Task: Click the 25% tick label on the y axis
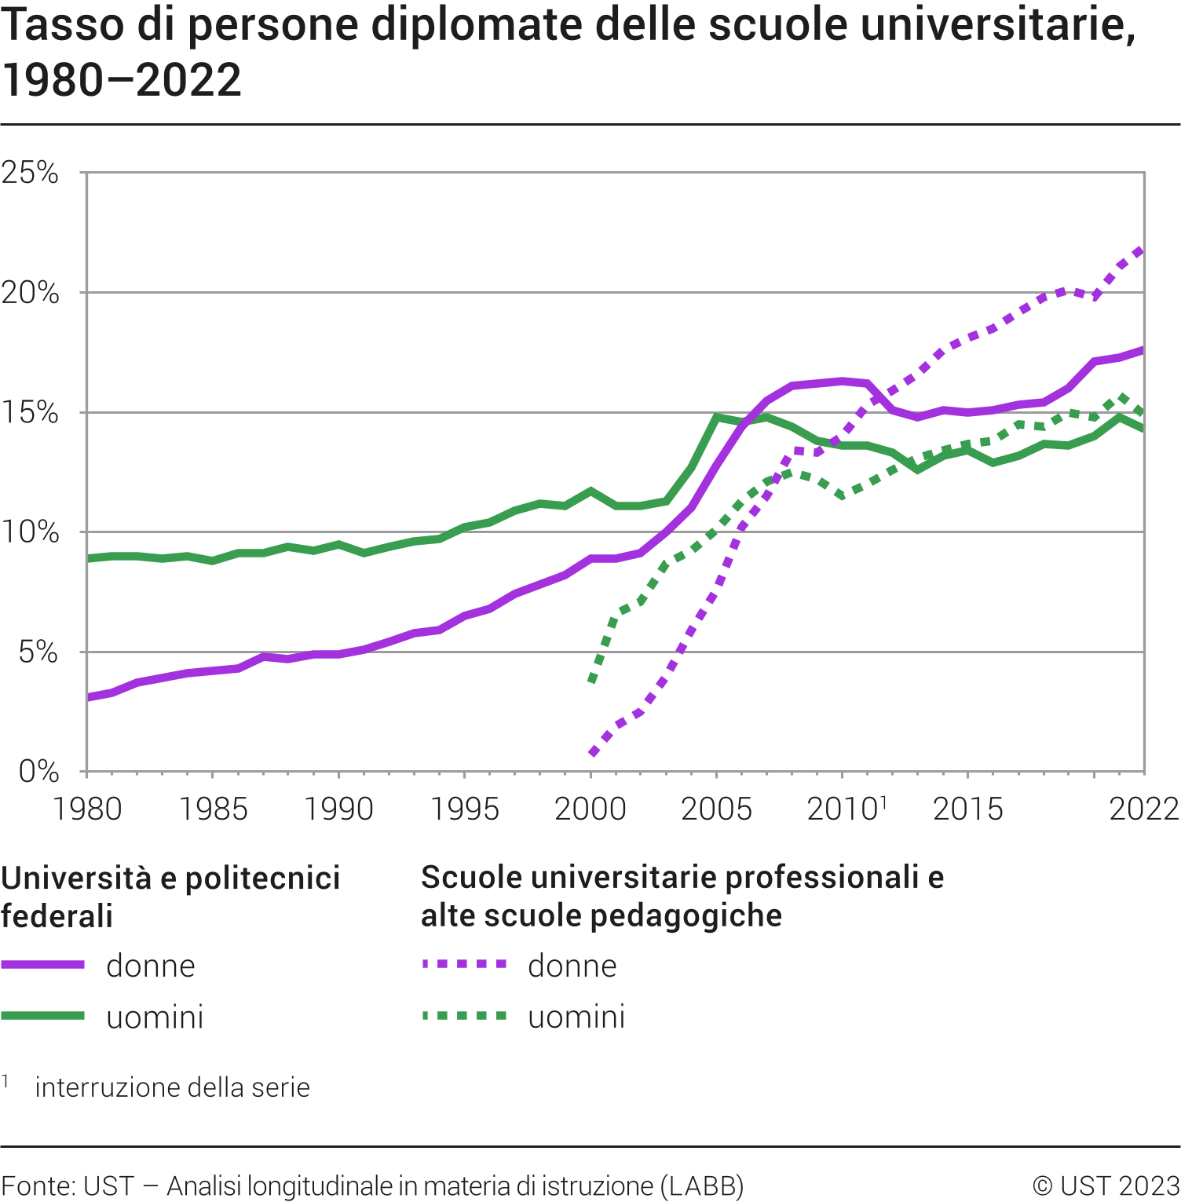(30, 173)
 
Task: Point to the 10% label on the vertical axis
(30, 532)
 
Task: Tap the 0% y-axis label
(38, 772)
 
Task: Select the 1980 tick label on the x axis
(87, 809)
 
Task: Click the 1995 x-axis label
(465, 809)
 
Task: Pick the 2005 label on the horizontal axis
(716, 809)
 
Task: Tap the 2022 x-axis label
(1144, 809)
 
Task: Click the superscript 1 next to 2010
(883, 802)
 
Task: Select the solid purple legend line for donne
(43, 965)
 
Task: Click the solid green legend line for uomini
(43, 1016)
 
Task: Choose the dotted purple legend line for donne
(465, 965)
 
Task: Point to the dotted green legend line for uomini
(465, 1016)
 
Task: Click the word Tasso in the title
(63, 25)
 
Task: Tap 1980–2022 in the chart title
(122, 80)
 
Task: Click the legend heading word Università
(76, 879)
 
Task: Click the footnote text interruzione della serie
(173, 1087)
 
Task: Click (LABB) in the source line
(702, 1186)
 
